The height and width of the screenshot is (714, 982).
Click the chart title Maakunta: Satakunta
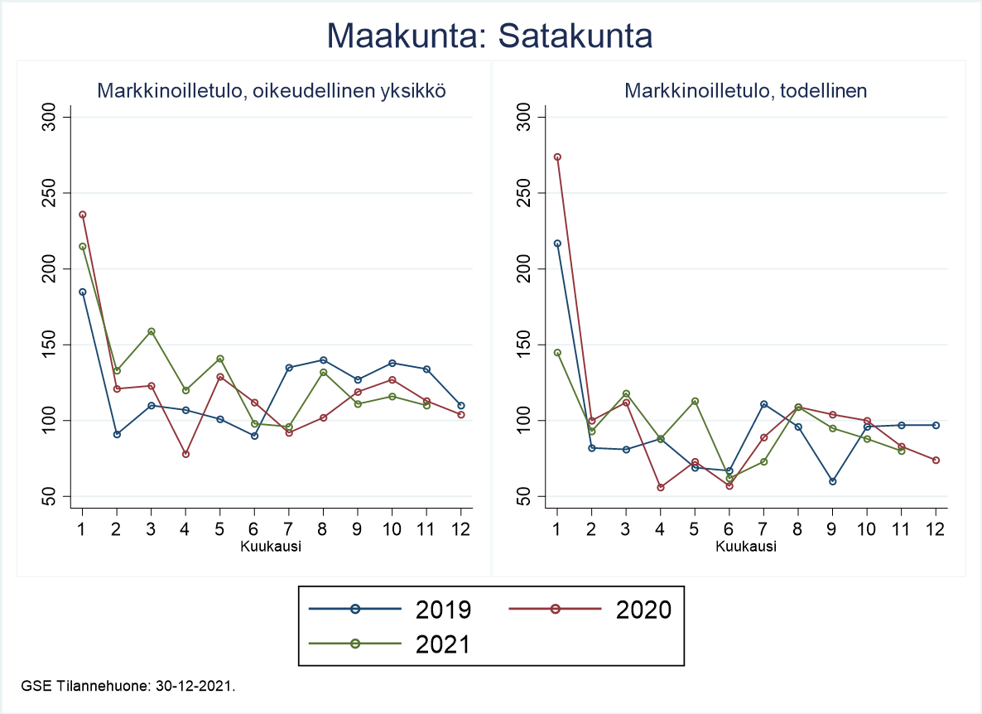(x=490, y=36)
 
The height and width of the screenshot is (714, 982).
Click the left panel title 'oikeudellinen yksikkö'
(x=272, y=91)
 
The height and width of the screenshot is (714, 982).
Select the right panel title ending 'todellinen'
(x=745, y=91)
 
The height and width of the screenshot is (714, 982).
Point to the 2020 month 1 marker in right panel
(x=557, y=157)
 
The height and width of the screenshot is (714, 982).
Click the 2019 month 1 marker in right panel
(x=557, y=244)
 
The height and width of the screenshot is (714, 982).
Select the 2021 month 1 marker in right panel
(x=557, y=353)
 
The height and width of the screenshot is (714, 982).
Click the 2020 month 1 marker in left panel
(x=82, y=215)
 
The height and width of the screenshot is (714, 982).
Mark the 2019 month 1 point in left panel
(x=82, y=292)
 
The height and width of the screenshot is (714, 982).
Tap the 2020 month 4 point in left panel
(x=185, y=454)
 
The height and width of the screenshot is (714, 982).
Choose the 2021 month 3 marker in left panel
(x=152, y=331)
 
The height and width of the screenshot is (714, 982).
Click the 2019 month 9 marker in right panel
(x=832, y=481)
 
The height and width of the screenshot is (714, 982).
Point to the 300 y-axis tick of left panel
(x=51, y=117)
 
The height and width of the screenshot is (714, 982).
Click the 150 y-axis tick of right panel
(x=527, y=345)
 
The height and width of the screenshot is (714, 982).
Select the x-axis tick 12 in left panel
(x=460, y=528)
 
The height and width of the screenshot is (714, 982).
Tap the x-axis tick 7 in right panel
(x=763, y=528)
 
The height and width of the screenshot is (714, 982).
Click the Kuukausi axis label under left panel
(x=271, y=547)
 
